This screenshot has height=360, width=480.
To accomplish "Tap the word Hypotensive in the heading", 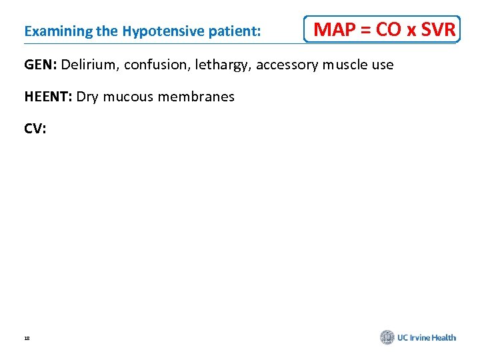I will pos(155,31).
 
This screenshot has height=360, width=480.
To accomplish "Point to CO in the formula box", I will pos(388,30).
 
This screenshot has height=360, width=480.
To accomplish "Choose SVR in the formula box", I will pos(437,30).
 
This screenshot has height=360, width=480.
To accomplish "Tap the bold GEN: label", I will pos(41,65).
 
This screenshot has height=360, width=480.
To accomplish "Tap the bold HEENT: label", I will pos(48,97).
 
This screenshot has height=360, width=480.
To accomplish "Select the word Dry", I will pos(87,97).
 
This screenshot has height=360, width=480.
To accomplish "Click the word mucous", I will pos(127,97).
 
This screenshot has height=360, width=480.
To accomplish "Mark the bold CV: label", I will pos(35,129).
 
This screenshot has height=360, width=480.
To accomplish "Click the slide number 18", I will pos(27,339).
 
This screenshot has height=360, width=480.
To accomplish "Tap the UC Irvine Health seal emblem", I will pos(387,337).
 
